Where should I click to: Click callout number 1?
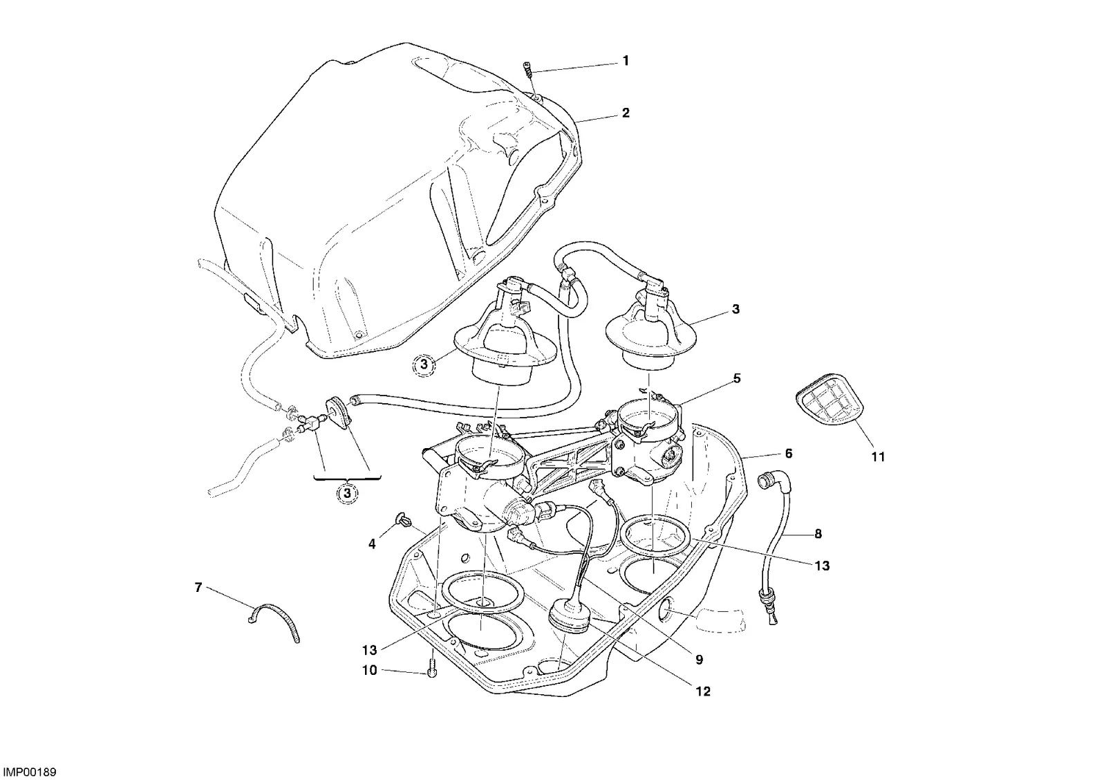pos(626,61)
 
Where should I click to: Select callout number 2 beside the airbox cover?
pos(626,113)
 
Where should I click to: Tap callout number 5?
pos(737,379)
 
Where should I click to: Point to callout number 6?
pos(789,454)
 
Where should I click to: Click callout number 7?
pos(198,588)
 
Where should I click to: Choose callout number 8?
pos(818,534)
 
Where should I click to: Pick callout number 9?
pos(699,660)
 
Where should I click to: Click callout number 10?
pos(370,671)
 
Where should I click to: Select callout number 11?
pos(878,458)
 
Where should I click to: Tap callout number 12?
pos(703,692)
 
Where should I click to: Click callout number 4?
pos(372,544)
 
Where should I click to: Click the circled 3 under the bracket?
pos(347,492)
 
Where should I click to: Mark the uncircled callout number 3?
pos(735,310)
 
